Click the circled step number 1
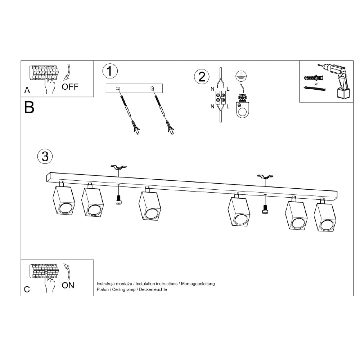[110, 71]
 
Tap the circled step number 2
[202, 77]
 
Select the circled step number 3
[45, 156]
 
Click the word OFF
[70, 87]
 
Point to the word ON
[68, 285]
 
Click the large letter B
[29, 107]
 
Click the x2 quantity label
[316, 84]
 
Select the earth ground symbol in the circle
[241, 76]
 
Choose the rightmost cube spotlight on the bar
[325, 215]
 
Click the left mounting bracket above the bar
[119, 167]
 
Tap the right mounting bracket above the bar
[265, 177]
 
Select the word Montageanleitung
[198, 284]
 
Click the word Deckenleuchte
[153, 289]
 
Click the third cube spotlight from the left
[150, 203]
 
